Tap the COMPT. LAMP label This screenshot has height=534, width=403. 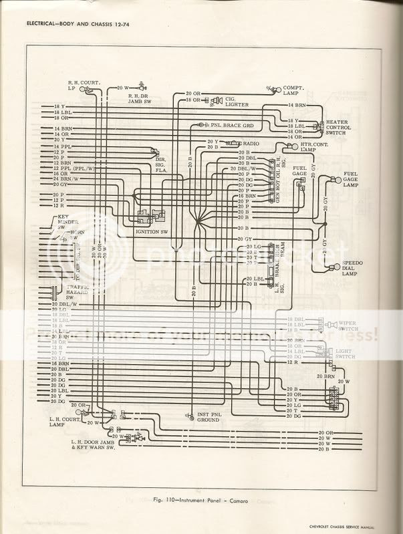(295, 90)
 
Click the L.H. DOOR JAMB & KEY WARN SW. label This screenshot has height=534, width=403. (100, 444)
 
